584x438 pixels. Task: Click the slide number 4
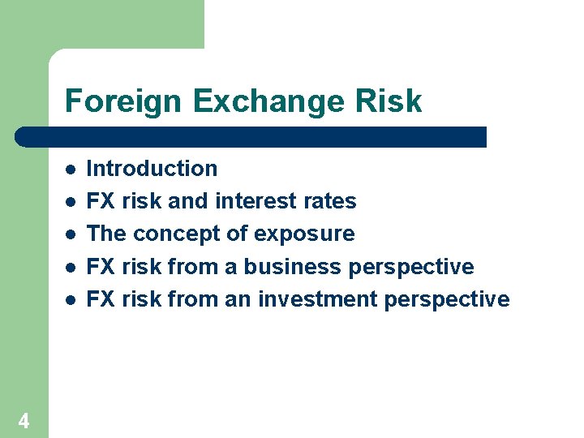pyautogui.click(x=24, y=420)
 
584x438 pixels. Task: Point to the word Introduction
pyautogui.click(x=152, y=169)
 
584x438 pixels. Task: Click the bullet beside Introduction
pyautogui.click(x=71, y=170)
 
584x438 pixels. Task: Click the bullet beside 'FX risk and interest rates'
pyautogui.click(x=71, y=202)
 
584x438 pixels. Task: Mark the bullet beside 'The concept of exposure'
pyautogui.click(x=71, y=234)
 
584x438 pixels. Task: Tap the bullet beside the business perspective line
pyautogui.click(x=71, y=267)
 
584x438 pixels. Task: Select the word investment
pyautogui.click(x=318, y=299)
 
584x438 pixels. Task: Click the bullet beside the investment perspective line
pyautogui.click(x=71, y=299)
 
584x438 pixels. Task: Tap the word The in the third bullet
pyautogui.click(x=106, y=234)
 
